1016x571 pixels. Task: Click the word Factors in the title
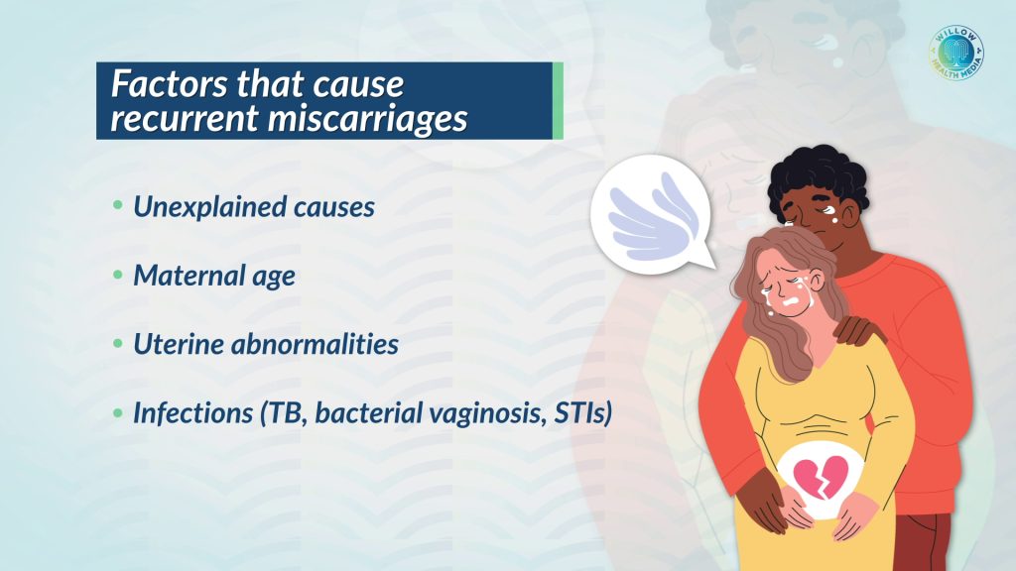[x=170, y=83]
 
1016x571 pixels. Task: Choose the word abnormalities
[x=315, y=344]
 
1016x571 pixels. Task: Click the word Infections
[x=193, y=412]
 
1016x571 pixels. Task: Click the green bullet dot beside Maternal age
[x=117, y=276]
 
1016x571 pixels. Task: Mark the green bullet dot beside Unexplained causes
[x=117, y=206]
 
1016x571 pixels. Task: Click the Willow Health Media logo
[x=956, y=54]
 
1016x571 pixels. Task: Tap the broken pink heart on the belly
[x=821, y=477]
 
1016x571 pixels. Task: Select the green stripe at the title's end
[x=558, y=101]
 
